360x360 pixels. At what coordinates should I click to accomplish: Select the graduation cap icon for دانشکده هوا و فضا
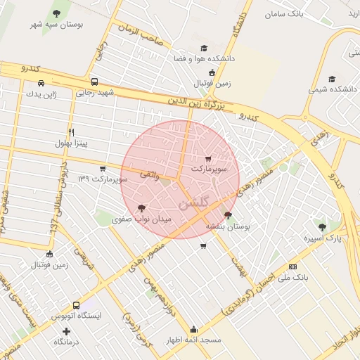point(204,49)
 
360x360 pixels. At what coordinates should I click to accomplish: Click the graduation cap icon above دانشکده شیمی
point(332,79)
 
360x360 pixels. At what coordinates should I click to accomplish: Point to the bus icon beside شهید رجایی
point(95,81)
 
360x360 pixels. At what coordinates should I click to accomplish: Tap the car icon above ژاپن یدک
point(41,84)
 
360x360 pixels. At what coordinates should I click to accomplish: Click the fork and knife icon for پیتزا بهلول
point(71,132)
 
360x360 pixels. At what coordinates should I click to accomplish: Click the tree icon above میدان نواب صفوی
point(142,208)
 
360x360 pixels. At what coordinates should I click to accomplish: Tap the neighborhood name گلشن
point(195,204)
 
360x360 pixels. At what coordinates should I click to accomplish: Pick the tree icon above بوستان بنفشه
point(227,215)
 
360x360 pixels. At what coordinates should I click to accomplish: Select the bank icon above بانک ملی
point(292,266)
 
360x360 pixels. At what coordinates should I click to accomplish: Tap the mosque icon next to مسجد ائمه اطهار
point(194,329)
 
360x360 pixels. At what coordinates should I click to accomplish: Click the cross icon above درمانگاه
point(67,330)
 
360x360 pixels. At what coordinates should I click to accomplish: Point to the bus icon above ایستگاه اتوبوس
point(76,305)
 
